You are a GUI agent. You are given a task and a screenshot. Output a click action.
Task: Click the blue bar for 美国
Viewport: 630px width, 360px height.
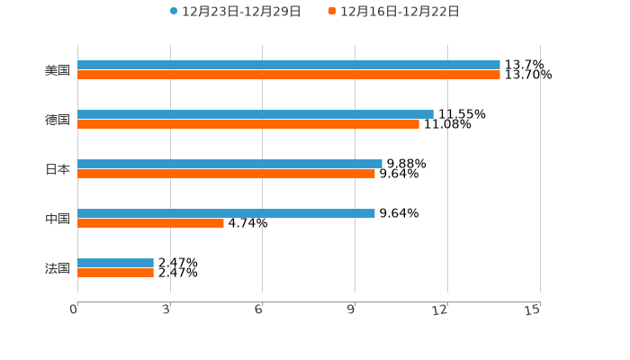[288, 65]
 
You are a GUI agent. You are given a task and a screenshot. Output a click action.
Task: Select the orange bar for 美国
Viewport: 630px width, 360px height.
[288, 76]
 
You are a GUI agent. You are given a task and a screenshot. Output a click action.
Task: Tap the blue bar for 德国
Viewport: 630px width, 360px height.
[255, 114]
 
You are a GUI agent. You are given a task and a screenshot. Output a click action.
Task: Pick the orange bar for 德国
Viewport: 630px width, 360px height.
[247, 125]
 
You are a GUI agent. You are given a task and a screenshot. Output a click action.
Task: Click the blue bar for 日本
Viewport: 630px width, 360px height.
[229, 164]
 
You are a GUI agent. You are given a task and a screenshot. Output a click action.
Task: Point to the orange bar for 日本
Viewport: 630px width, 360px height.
[226, 175]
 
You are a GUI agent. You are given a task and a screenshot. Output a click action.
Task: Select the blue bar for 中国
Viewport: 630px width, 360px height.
[226, 213]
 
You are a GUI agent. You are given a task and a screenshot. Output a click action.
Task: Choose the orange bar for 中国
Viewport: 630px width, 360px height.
[150, 224]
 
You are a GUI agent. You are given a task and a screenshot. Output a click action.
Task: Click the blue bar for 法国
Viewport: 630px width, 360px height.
[115, 263]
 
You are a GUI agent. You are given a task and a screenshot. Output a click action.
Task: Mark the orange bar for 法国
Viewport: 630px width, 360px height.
[115, 274]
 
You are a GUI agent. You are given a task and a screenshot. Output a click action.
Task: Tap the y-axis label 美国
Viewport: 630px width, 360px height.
[58, 70]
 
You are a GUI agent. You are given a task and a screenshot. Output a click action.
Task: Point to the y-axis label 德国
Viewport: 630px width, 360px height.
[58, 120]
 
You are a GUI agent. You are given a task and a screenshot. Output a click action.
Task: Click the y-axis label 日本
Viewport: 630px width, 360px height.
[58, 169]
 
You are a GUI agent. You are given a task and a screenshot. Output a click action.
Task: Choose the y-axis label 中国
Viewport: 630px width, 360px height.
[58, 219]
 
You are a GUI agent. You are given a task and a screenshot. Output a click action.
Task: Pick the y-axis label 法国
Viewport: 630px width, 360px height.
[58, 268]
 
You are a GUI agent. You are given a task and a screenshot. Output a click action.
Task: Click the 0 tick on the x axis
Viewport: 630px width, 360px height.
[75, 310]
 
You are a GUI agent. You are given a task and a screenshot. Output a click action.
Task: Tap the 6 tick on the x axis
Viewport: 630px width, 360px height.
[259, 310]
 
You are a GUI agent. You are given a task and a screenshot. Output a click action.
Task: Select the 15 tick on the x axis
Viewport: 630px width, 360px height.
[533, 310]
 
